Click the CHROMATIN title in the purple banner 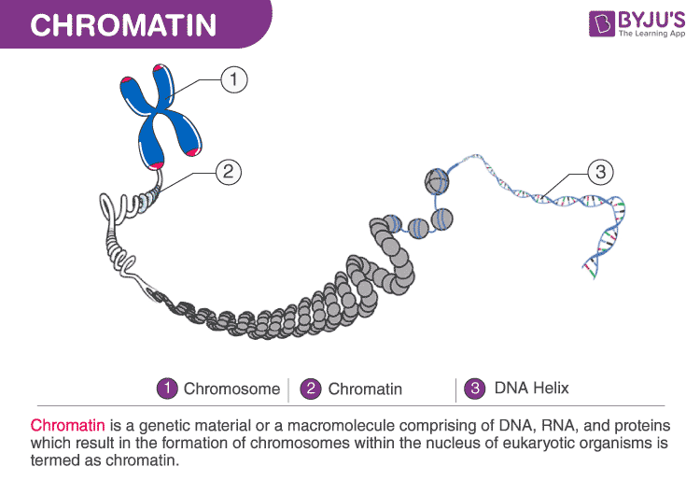124,24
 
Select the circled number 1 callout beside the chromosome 234,79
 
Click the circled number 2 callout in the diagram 228,171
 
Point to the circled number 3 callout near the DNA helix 601,171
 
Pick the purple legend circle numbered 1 168,388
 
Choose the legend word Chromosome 231,389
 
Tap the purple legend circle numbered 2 313,388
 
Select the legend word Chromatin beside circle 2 365,389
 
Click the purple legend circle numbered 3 474,388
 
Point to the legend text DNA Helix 531,388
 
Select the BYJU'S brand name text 648,19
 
